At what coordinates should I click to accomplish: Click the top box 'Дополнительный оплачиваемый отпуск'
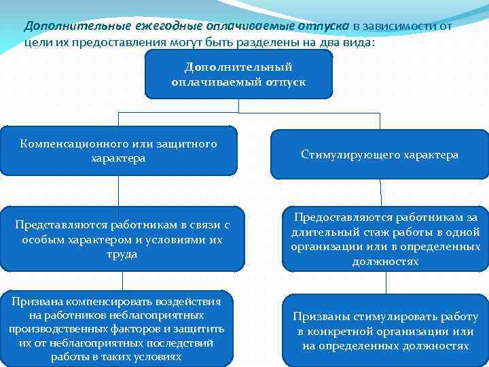[x=238, y=74]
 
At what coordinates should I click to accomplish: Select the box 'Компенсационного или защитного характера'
[x=119, y=151]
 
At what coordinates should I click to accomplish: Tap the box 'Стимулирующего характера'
[x=380, y=155]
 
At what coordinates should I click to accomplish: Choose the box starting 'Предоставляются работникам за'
[x=385, y=239]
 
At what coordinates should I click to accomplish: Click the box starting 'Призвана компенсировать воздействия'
[x=116, y=328]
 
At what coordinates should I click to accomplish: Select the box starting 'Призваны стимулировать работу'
[x=385, y=331]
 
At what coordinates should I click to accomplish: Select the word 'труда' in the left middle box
[x=122, y=254]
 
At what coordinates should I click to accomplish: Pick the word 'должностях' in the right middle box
[x=385, y=261]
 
